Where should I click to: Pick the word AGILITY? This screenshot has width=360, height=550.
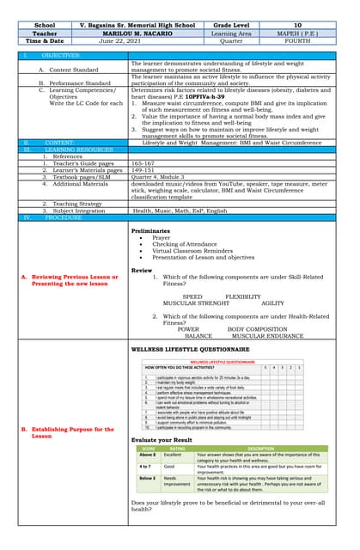272,303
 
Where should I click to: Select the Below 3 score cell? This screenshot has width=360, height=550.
146,477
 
